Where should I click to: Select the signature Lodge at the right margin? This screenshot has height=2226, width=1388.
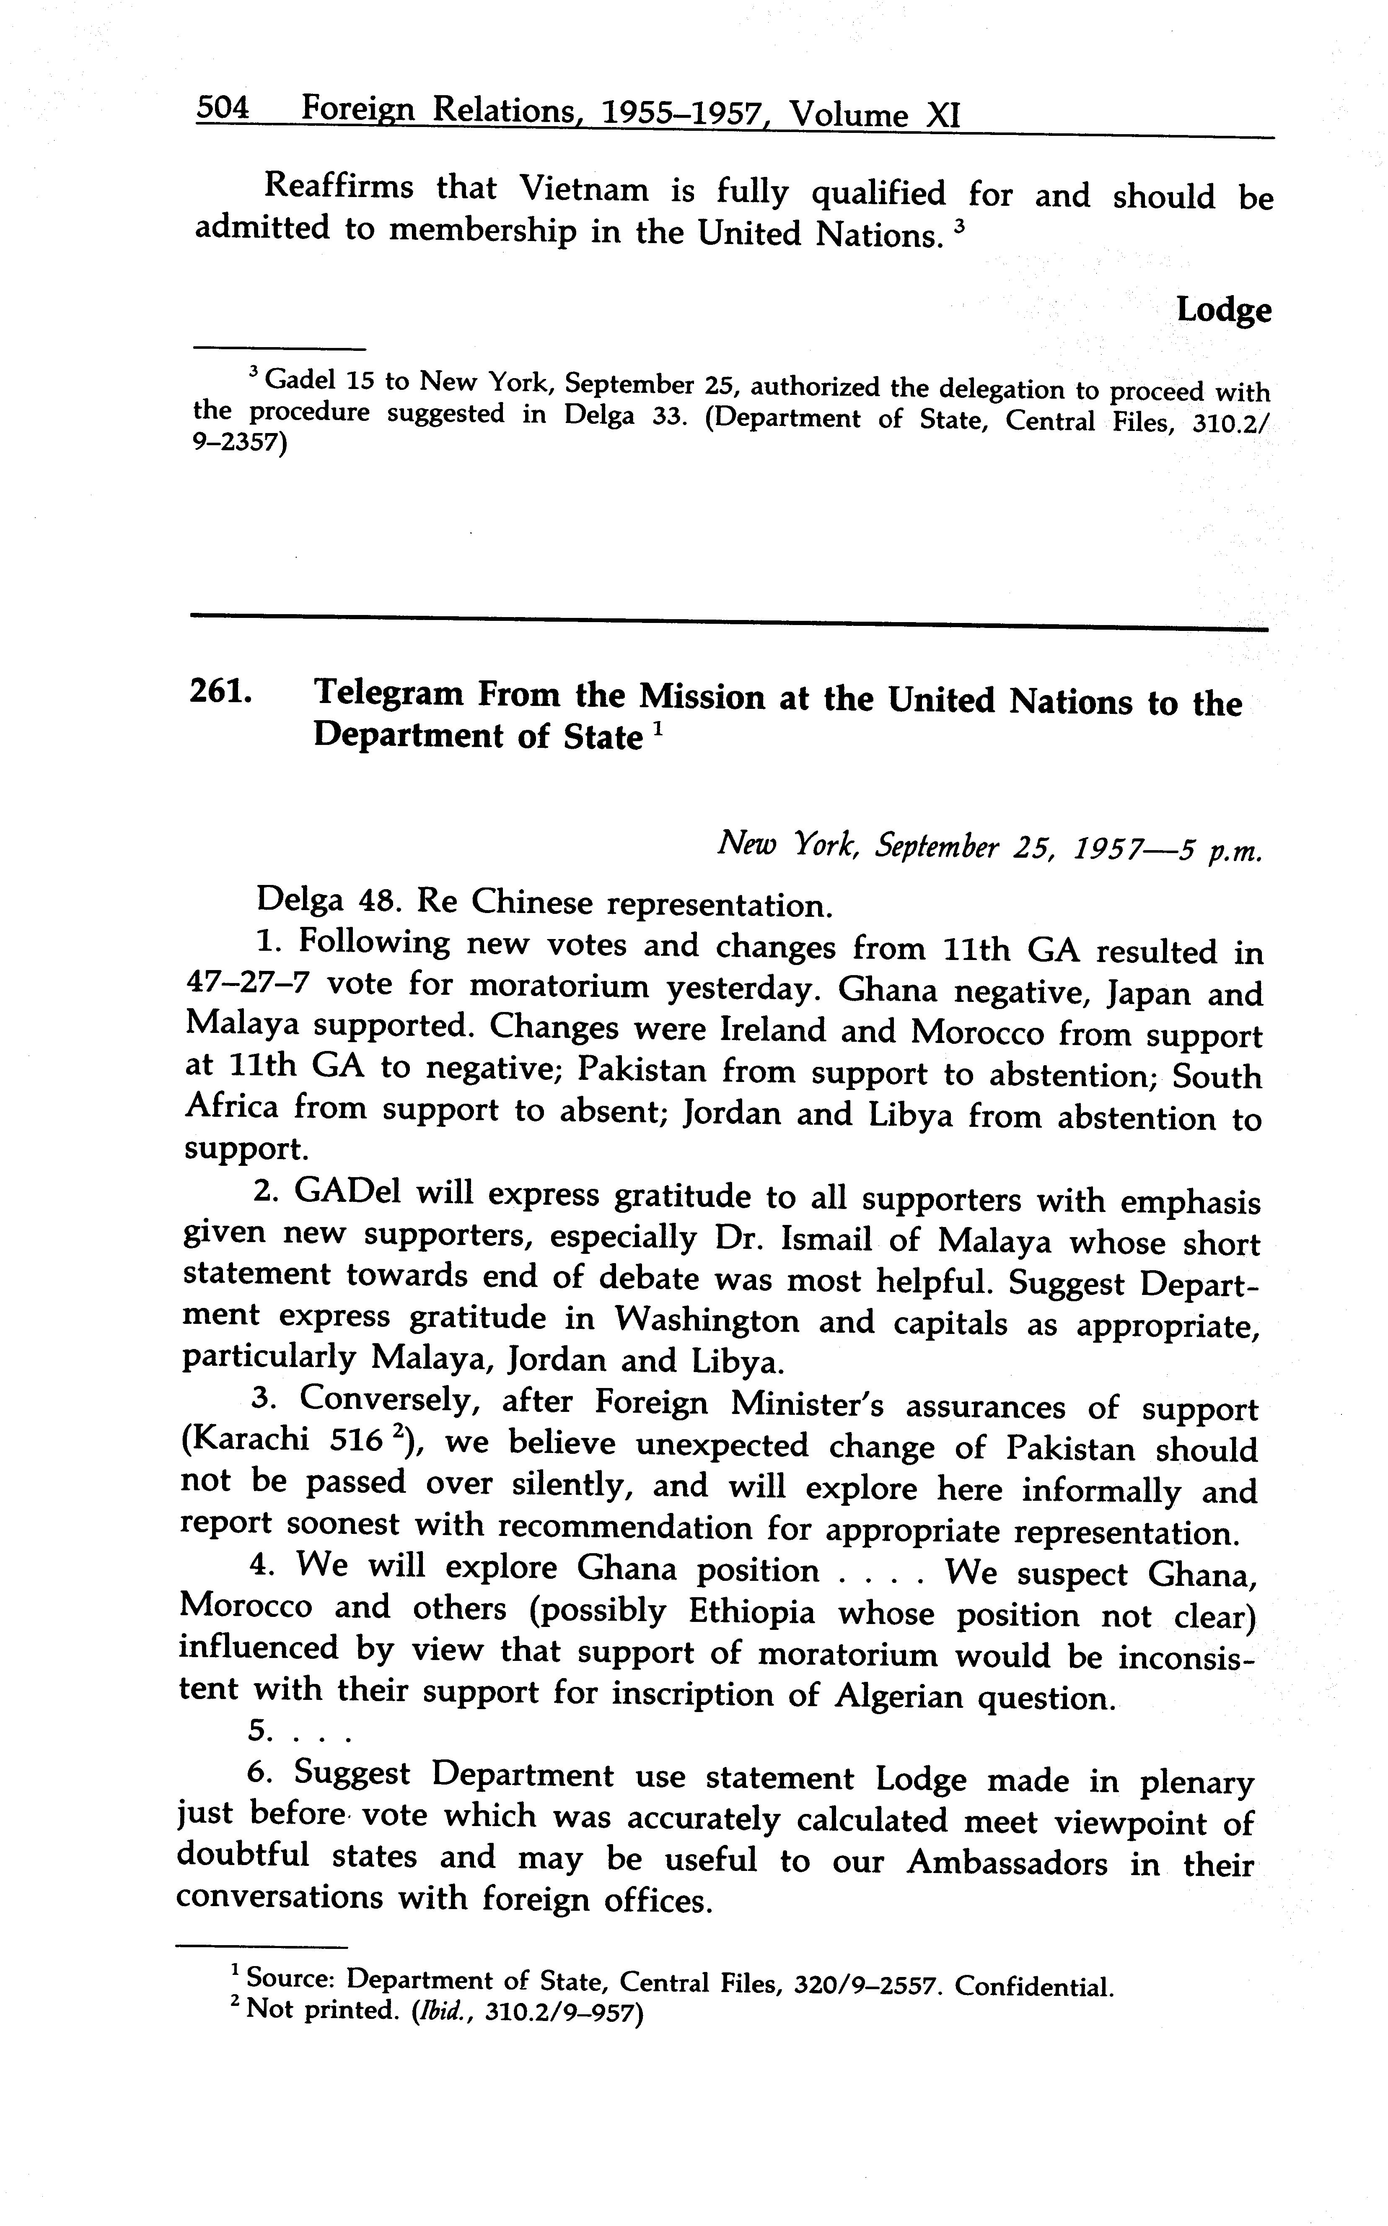(1224, 310)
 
